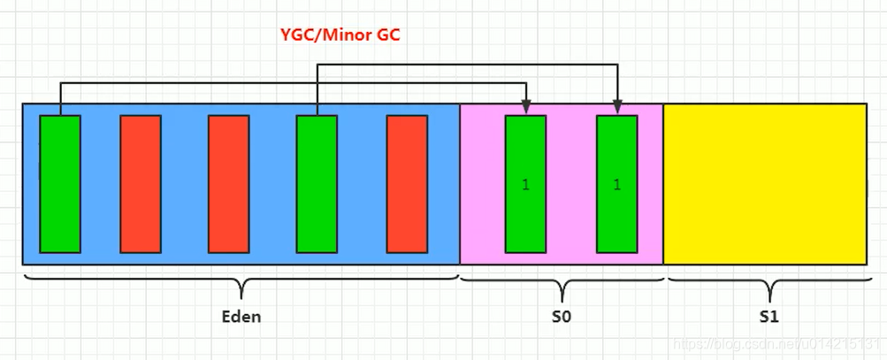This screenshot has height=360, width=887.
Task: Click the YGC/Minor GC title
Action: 340,37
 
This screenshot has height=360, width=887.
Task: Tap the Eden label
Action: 241,316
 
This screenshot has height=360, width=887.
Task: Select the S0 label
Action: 561,316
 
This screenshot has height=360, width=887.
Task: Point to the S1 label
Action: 768,316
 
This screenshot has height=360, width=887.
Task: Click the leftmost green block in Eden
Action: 60,184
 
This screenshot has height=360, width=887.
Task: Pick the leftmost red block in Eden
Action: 141,184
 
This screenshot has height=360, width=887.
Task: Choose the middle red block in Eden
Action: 228,184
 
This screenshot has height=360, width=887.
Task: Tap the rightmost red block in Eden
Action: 407,184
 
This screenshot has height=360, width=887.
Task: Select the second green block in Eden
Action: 317,184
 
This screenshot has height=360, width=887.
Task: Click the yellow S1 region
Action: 765,184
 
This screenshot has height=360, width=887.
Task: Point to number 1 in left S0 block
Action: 525,185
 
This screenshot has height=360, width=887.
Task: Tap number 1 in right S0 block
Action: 616,185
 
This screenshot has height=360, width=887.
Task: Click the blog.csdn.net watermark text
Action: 778,342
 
